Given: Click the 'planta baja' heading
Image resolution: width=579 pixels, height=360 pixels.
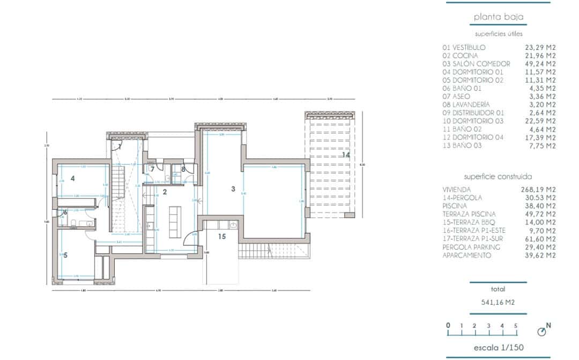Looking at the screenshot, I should [498, 17].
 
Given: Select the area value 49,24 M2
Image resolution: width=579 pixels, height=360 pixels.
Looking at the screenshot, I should [540, 63].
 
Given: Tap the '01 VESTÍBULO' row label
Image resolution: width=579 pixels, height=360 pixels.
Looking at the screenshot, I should [464, 47].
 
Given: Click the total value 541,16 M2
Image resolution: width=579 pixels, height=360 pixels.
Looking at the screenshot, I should [498, 303].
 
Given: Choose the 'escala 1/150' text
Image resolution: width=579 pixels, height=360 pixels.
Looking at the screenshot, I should [498, 348].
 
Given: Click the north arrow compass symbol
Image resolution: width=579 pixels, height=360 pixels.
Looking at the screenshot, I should [542, 332].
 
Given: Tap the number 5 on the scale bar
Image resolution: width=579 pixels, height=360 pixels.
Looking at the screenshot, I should [515, 325].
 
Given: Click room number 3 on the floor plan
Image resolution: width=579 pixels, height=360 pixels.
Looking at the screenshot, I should [233, 189].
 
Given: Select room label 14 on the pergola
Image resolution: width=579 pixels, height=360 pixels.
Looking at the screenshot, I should [346, 155].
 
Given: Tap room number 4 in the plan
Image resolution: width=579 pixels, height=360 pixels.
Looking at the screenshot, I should [71, 178].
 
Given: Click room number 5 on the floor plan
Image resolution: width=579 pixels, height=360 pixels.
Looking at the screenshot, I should [65, 255].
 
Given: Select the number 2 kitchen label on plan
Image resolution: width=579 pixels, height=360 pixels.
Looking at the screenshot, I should [165, 192].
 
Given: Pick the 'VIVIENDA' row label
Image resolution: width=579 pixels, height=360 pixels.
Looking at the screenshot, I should [457, 189].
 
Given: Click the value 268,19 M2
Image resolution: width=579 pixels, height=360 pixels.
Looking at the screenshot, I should [540, 189].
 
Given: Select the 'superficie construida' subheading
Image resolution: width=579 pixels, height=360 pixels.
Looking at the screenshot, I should [498, 176].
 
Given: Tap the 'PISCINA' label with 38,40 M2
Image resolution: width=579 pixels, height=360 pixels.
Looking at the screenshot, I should [455, 206].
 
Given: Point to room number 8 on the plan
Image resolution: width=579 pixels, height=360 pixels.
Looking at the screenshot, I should [183, 170].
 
